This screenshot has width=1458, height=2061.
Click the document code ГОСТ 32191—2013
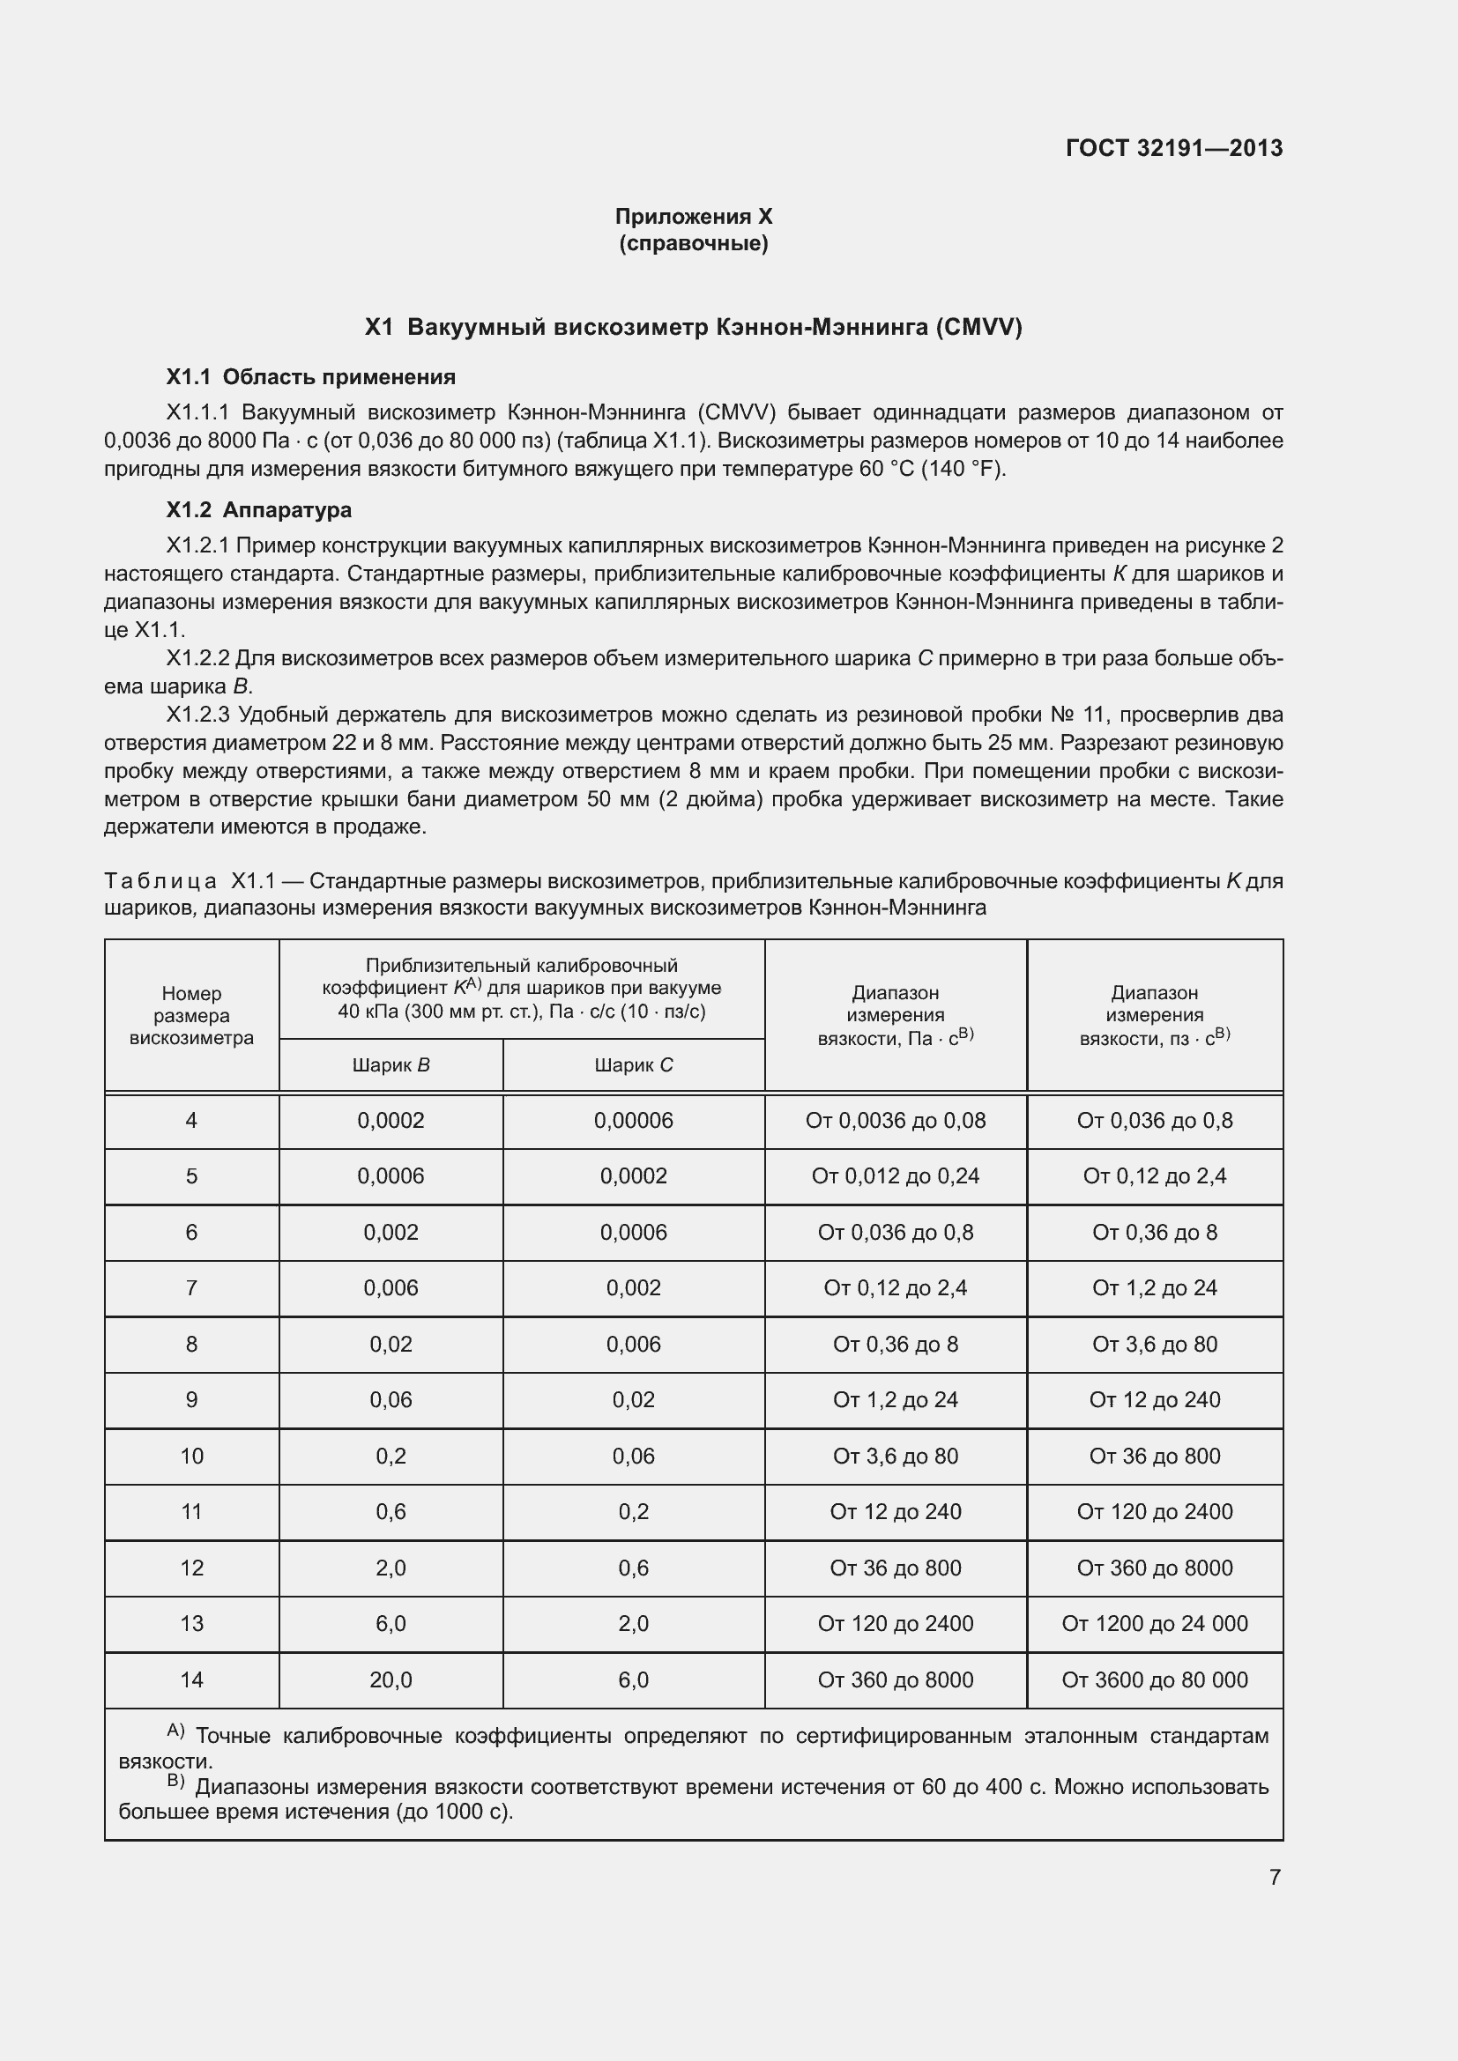pyautogui.click(x=1173, y=148)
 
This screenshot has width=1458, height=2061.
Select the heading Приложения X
pyautogui.click(x=693, y=217)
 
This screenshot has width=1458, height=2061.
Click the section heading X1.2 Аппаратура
pyautogui.click(x=258, y=510)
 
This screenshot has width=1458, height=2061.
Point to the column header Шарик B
pyautogui.click(x=391, y=1065)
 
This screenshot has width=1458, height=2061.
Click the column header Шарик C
pyautogui.click(x=633, y=1065)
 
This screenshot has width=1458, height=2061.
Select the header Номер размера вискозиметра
pyautogui.click(x=191, y=1015)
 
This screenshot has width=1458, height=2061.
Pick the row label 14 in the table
pyautogui.click(x=191, y=1679)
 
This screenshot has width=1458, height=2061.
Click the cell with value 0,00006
pyautogui.click(x=633, y=1120)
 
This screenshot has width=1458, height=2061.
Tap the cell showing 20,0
pyautogui.click(x=391, y=1679)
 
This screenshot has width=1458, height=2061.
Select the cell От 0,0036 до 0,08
pyautogui.click(x=895, y=1120)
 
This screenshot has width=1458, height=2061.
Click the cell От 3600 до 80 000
pyautogui.click(x=1155, y=1679)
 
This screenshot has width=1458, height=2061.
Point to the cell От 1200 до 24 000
pyautogui.click(x=1155, y=1623)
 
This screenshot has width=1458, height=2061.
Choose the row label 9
pyautogui.click(x=191, y=1399)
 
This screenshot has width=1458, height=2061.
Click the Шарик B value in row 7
pyautogui.click(x=391, y=1288)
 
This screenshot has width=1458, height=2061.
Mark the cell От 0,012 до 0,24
pyautogui.click(x=895, y=1176)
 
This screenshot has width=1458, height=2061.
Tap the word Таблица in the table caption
pyautogui.click(x=160, y=881)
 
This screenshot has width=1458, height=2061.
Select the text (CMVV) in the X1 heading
pyautogui.click(x=978, y=327)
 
